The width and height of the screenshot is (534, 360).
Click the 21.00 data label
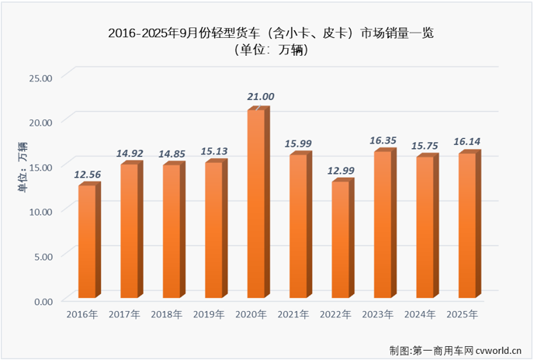tap(261, 96)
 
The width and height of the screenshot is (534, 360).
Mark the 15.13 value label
tap(219, 151)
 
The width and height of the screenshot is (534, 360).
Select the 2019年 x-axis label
tap(209, 314)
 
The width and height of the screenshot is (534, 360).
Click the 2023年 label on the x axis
tap(377, 314)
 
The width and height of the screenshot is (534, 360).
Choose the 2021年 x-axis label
tap(293, 314)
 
